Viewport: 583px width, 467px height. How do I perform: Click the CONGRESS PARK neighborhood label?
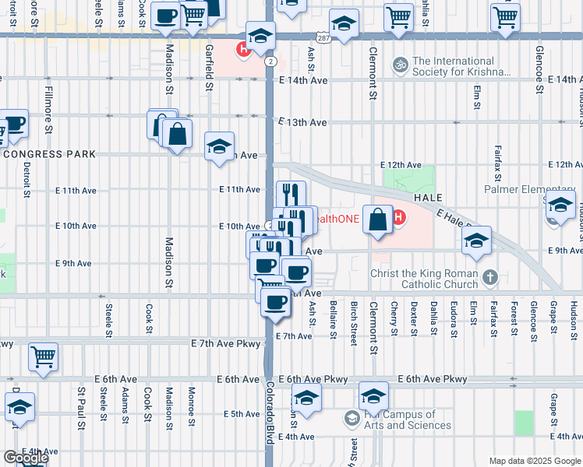[48, 154]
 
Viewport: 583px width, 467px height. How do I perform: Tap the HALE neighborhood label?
[428, 198]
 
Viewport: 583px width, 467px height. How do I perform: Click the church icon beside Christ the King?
[489, 276]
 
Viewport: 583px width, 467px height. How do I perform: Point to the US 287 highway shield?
[323, 38]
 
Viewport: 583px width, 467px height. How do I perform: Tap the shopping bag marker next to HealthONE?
[377, 221]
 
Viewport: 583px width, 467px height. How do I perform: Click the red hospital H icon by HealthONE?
[398, 217]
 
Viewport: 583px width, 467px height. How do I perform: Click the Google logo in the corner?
[25, 458]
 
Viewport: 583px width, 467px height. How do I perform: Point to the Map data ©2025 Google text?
[534, 461]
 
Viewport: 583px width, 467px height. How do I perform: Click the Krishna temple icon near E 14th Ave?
[401, 63]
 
